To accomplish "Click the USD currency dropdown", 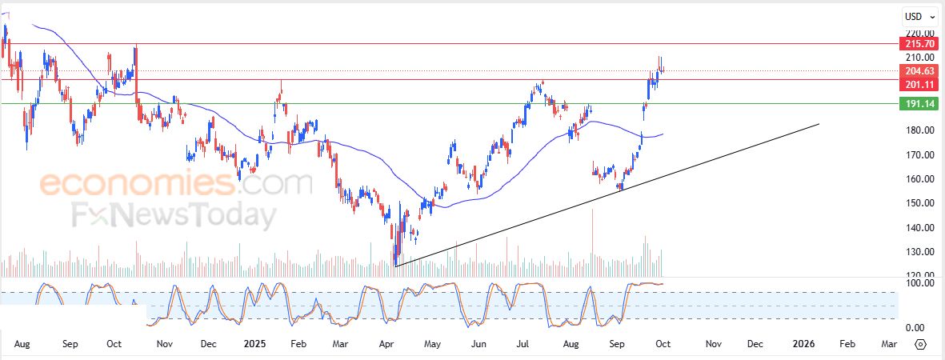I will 917,16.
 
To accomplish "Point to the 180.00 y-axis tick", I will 913,130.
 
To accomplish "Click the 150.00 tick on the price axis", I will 913,202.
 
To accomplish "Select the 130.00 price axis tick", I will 913,251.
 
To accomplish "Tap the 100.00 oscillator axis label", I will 913,283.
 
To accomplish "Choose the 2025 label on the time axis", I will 254,343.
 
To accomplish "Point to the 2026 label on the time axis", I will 803,343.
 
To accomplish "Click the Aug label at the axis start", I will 22,343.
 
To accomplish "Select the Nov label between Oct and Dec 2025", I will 713,343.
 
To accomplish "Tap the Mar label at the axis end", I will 888,343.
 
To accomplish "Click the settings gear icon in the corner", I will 920,344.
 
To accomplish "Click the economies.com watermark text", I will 176,184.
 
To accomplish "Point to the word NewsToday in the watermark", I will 192,216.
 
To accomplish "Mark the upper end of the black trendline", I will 819,124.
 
